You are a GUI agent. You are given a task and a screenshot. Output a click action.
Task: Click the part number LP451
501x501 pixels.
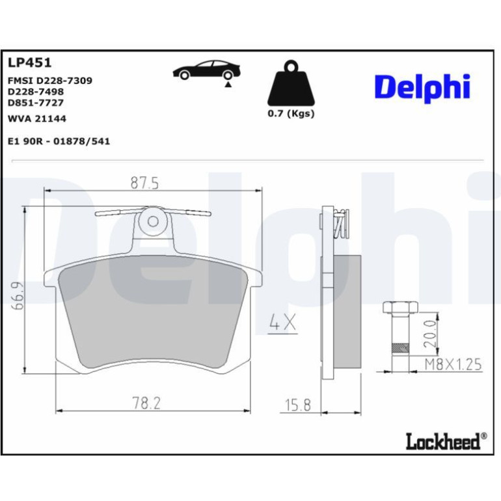point(29,62)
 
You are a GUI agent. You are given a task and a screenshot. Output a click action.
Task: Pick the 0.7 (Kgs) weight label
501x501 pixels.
point(291,113)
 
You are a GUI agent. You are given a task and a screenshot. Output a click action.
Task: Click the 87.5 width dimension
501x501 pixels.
point(144,183)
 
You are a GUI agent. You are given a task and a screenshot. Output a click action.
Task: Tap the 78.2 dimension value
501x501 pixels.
point(146,403)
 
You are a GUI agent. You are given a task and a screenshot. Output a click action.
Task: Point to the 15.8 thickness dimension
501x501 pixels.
point(298,405)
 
